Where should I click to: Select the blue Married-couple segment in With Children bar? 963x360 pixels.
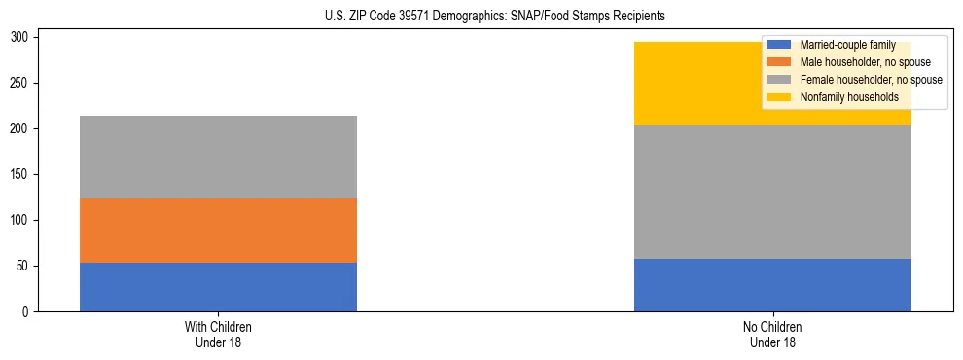218,287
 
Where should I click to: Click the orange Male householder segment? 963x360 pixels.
218,231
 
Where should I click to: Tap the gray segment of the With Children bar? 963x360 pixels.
218,157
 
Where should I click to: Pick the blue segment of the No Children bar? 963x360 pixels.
772,285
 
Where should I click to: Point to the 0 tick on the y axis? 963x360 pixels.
27,312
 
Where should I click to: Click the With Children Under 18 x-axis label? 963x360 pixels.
218,335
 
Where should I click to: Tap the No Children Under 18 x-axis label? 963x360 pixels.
772,335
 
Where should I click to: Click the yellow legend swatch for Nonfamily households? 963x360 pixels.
779,97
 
